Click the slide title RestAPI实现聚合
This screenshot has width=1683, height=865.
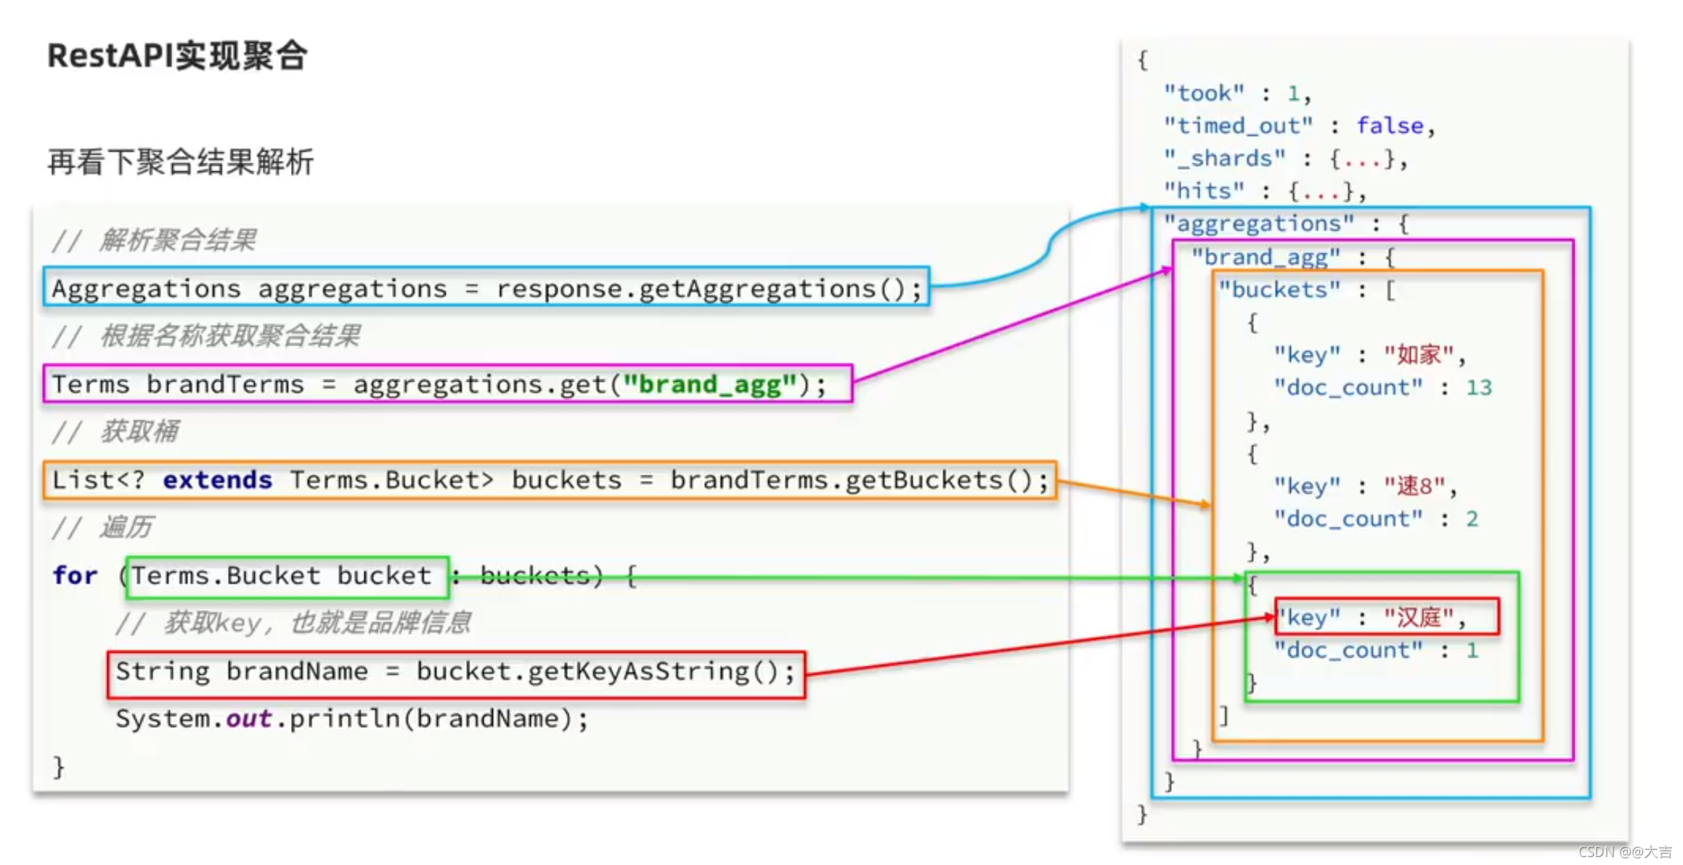pyautogui.click(x=177, y=56)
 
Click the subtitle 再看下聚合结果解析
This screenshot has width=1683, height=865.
pyautogui.click(x=180, y=161)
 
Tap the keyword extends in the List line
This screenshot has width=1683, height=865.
pyautogui.click(x=217, y=480)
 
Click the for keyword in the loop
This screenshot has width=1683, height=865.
pyautogui.click(x=75, y=575)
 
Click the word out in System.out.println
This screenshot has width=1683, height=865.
pyautogui.click(x=249, y=718)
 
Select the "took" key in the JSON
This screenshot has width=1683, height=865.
pyautogui.click(x=1204, y=93)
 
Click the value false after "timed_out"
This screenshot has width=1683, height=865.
pyautogui.click(x=1390, y=126)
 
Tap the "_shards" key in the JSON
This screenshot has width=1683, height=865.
pyautogui.click(x=1224, y=158)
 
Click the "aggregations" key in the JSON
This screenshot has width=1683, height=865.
pyautogui.click(x=1259, y=224)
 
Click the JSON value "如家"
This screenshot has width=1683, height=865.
pyautogui.click(x=1419, y=354)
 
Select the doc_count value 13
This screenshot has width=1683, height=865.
pyautogui.click(x=1479, y=388)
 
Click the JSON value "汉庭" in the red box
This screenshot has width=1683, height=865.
pyautogui.click(x=1419, y=617)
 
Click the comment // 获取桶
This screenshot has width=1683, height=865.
pyautogui.click(x=115, y=432)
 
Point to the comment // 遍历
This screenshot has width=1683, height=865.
pyautogui.click(x=102, y=527)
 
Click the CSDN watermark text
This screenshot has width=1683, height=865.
pyautogui.click(x=1625, y=852)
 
